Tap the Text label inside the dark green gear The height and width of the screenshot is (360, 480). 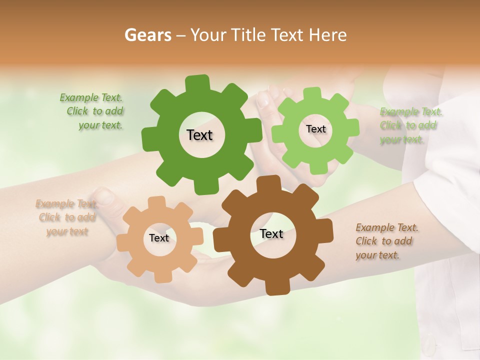(199, 135)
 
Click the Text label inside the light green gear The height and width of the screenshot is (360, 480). (315, 129)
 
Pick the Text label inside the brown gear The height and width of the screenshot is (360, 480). (271, 234)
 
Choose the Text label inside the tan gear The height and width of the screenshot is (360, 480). (159, 238)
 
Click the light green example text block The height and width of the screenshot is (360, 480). (410, 125)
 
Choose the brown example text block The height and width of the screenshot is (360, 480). (386, 241)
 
